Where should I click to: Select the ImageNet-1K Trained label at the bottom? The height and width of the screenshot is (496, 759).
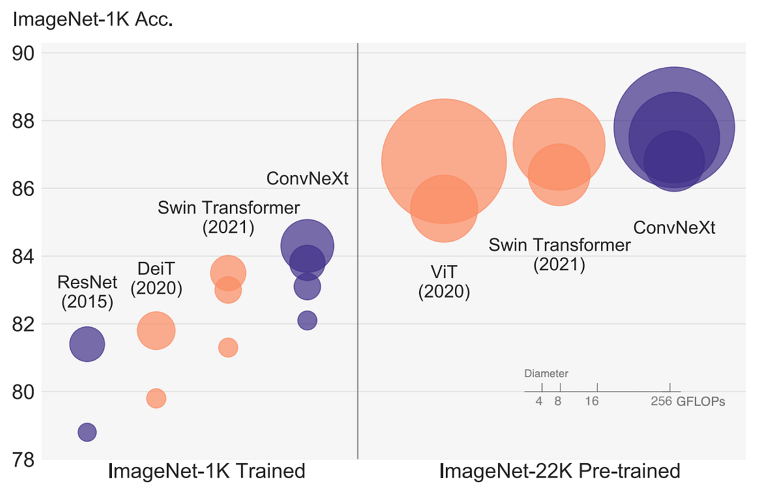coord(207,472)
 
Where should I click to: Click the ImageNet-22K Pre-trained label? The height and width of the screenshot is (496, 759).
coord(559,472)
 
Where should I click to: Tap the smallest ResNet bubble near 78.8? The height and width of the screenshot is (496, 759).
coord(87,432)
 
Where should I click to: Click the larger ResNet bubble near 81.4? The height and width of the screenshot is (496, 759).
coord(87,344)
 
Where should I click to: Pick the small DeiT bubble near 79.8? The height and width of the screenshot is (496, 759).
coord(156,399)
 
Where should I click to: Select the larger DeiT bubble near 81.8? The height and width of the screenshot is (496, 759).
coord(156,330)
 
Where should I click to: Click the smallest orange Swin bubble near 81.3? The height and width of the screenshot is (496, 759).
coord(228,347)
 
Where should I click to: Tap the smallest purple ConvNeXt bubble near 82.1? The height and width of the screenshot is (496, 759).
coord(307,320)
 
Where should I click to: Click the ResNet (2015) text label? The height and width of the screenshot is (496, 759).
coord(87,292)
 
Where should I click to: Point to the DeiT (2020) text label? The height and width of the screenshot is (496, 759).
coord(156,278)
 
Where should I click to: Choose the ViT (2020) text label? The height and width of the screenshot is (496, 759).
coord(444,282)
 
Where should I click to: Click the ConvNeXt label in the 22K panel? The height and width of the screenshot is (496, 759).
coord(674,228)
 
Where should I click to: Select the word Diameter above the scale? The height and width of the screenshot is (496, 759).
coord(546,373)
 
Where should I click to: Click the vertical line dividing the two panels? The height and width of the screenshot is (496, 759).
coord(358,253)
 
